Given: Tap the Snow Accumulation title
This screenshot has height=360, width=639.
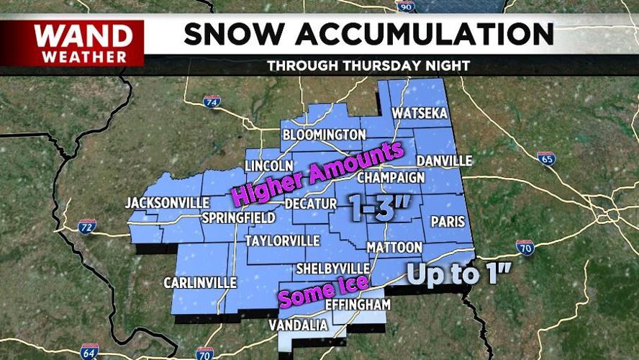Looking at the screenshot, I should [x=368, y=34].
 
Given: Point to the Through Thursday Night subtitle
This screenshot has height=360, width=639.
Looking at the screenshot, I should [x=368, y=66].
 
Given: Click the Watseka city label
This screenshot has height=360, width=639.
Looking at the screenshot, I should [x=420, y=114].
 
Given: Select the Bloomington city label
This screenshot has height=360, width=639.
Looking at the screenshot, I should [x=324, y=135].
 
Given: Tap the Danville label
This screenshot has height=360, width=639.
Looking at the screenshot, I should [x=444, y=160].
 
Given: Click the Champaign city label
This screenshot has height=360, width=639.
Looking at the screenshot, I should [x=391, y=177].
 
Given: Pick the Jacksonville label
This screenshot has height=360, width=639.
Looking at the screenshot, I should [x=167, y=203].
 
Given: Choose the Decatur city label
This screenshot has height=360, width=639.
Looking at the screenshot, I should [x=311, y=204].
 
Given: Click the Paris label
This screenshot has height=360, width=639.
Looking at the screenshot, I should [x=448, y=222].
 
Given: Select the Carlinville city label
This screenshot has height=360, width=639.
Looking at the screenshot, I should [x=200, y=283].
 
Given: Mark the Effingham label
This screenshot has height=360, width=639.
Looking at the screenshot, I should [x=358, y=305].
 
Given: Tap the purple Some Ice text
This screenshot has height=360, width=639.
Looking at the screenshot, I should [x=323, y=292].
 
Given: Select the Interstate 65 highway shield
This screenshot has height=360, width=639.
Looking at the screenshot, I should [x=545, y=158].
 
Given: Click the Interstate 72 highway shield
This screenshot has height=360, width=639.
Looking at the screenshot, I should [x=87, y=227].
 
